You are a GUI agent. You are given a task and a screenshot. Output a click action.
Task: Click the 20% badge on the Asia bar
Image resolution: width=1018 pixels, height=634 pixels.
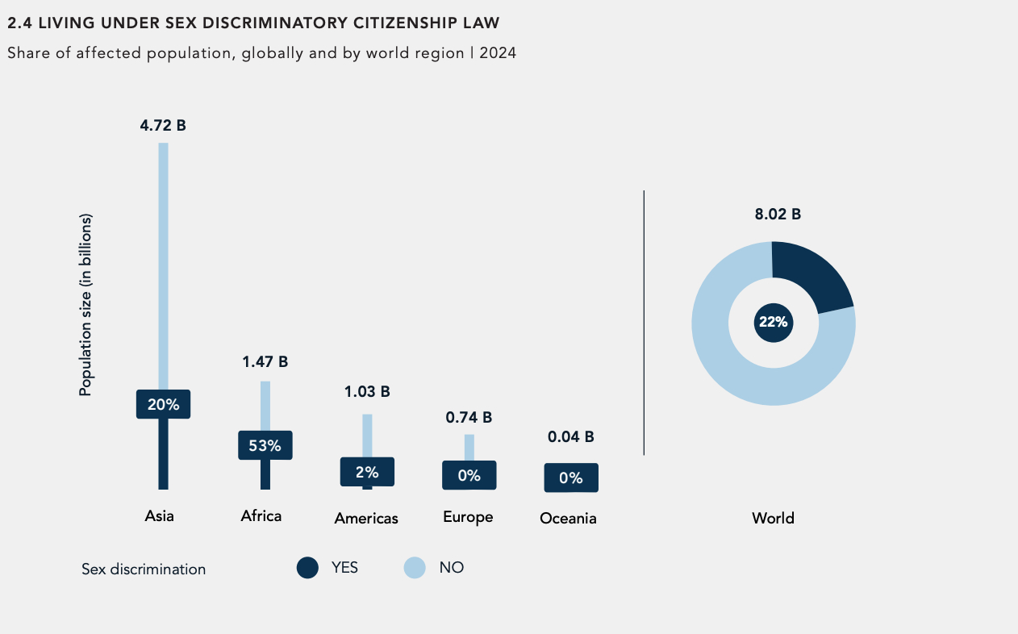coord(163,404)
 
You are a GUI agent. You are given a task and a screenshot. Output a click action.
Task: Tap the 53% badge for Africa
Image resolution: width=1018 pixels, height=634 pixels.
coord(265,445)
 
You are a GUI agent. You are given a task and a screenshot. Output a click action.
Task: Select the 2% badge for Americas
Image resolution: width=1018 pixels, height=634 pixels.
coord(367,472)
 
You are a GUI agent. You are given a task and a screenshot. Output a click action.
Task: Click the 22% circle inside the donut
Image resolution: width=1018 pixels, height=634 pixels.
coord(773,323)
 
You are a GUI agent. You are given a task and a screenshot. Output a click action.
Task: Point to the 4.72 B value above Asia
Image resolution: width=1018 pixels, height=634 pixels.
coord(163,125)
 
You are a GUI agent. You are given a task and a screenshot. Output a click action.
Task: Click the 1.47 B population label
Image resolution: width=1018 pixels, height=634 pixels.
coord(265,361)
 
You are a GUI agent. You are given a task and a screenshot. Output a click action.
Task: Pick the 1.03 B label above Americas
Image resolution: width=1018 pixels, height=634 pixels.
coord(367,391)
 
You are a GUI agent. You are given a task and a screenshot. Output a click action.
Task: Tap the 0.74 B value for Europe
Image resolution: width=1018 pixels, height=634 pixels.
coord(469,417)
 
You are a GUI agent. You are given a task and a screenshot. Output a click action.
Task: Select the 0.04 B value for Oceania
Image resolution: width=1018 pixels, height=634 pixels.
coord(570,436)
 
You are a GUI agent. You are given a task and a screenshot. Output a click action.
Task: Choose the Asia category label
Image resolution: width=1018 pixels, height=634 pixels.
coord(159,516)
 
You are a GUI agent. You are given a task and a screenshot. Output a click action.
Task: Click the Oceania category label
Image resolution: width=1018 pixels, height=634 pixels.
coord(568,518)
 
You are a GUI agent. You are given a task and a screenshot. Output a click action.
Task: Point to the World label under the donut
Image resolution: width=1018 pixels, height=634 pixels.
coord(773,518)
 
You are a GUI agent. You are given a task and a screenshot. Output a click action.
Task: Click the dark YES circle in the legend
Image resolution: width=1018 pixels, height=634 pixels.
coord(307,568)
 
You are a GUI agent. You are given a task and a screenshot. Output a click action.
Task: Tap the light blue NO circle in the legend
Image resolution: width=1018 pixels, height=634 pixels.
coord(415,568)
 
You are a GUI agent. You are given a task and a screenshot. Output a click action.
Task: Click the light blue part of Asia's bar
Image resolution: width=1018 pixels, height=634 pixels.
coord(163,258)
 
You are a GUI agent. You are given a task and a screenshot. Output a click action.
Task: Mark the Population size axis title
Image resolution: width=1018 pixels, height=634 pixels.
coord(86,305)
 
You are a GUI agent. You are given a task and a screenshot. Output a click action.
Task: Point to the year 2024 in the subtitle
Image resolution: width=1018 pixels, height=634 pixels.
coord(497,53)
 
